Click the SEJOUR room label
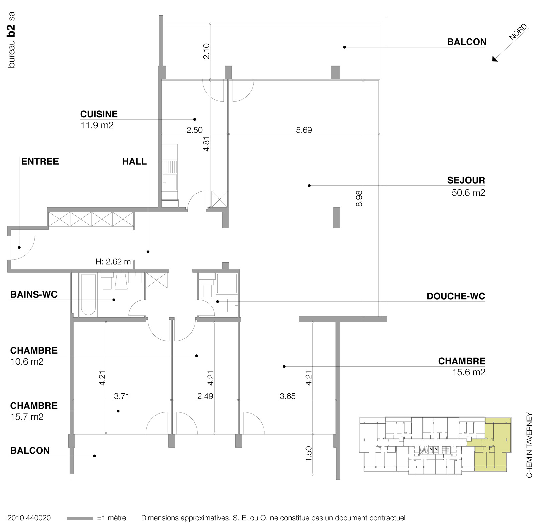point(466,180)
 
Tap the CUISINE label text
point(99,114)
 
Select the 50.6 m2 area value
point(468,193)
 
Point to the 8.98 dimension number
point(359,198)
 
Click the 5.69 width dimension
point(304,130)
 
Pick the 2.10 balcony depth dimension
point(206,51)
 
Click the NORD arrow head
point(495,59)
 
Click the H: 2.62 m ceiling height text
point(113,262)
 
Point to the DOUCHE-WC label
point(456,296)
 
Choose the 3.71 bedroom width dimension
point(121,396)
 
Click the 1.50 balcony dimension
point(308,454)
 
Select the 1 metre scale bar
point(80,518)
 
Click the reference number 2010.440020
point(29,518)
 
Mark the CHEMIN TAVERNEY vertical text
point(529,447)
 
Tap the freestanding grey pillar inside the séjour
point(337,218)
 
